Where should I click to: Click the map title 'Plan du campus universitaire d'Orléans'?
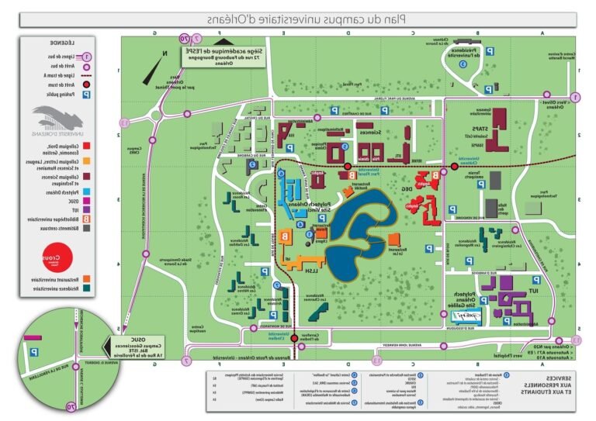[x=298, y=19]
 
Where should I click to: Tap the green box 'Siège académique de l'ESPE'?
[x=220, y=56]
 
